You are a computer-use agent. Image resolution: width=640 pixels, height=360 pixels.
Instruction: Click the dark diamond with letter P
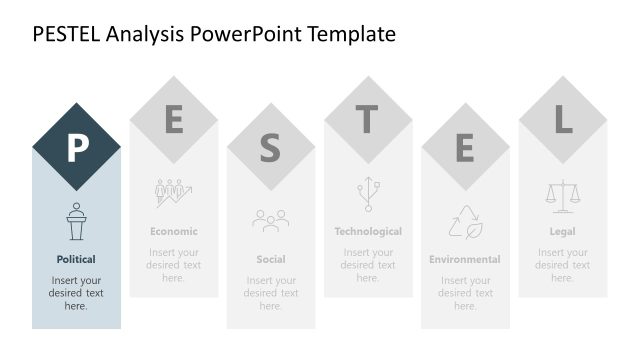click(76, 147)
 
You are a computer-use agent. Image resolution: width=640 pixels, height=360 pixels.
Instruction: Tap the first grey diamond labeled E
click(174, 120)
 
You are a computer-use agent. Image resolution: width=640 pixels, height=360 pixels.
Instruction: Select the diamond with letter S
click(271, 147)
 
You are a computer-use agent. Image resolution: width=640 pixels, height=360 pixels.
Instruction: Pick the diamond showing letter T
click(368, 120)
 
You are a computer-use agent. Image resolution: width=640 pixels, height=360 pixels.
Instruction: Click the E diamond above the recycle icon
click(465, 147)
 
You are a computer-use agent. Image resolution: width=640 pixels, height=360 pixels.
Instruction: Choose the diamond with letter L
click(562, 120)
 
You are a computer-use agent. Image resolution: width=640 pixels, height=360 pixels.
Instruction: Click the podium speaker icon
click(76, 221)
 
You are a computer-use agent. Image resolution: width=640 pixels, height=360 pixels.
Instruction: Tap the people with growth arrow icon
click(174, 193)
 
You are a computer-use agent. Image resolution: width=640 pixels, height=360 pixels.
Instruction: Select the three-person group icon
click(271, 220)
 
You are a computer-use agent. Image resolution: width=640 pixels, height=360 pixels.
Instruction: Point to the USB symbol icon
click(368, 193)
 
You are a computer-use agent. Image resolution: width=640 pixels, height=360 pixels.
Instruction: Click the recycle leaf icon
click(465, 221)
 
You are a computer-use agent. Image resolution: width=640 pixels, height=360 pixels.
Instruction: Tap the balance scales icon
click(562, 193)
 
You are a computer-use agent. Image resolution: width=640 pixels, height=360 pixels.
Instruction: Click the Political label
click(76, 259)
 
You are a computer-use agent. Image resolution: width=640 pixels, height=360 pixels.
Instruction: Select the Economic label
click(174, 231)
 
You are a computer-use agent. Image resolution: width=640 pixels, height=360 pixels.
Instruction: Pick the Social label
click(271, 259)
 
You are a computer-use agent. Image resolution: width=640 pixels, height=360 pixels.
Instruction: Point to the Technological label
click(368, 231)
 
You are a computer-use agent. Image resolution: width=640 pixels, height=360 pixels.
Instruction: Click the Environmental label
click(465, 259)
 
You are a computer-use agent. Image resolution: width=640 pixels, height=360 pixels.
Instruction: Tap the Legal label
click(562, 231)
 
